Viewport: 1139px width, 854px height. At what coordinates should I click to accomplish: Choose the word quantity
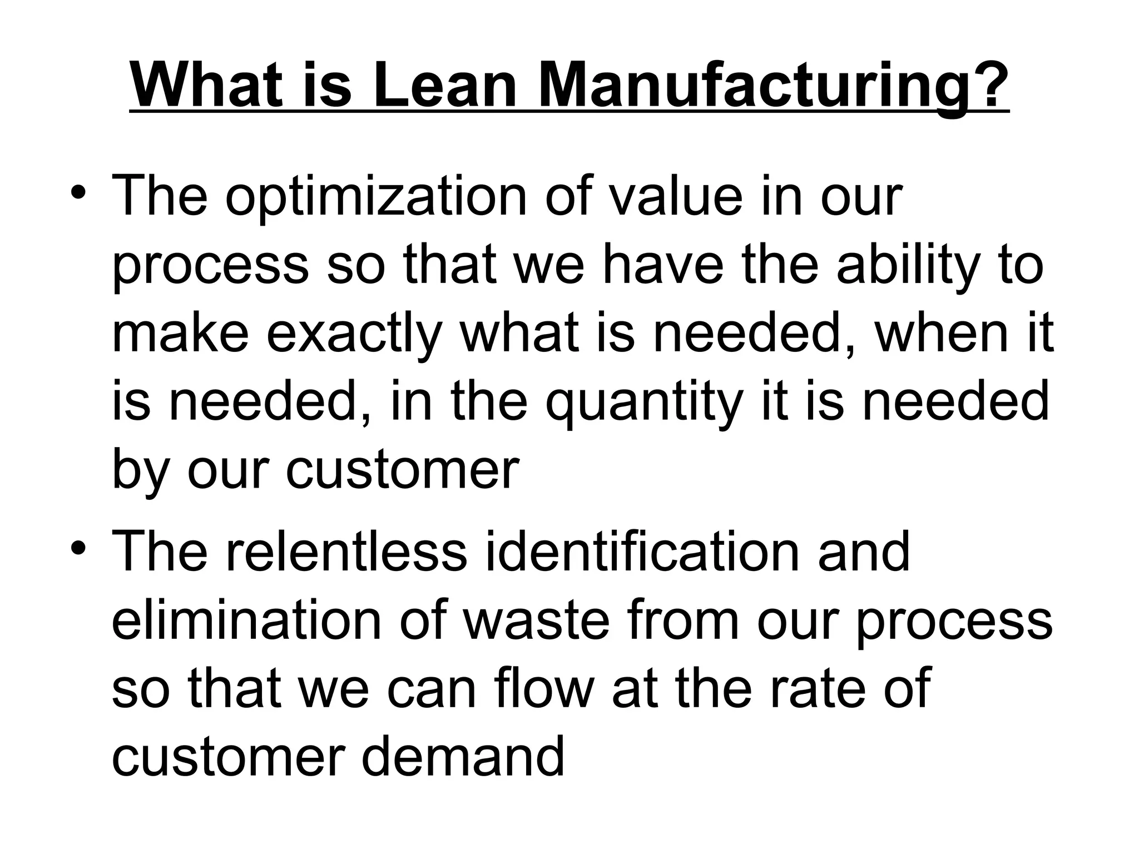(x=645, y=403)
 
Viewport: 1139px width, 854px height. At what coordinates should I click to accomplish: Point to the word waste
(x=537, y=620)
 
